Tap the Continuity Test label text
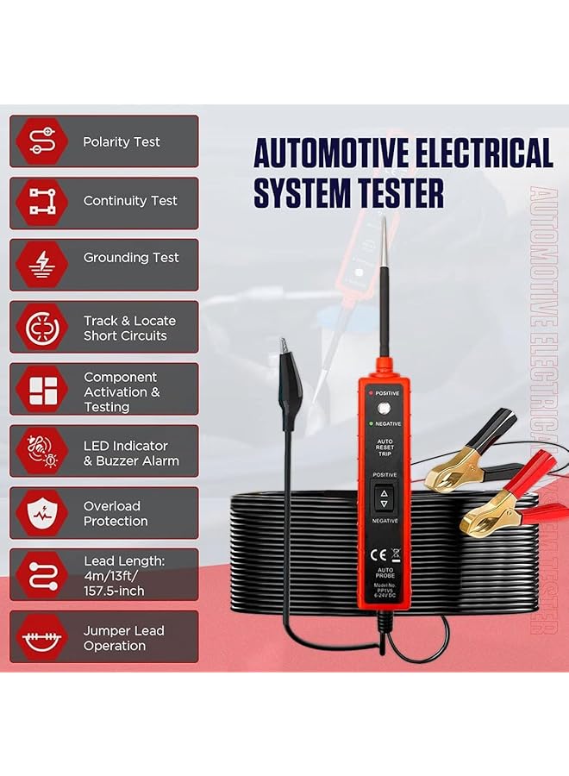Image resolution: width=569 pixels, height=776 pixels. pyautogui.click(x=130, y=201)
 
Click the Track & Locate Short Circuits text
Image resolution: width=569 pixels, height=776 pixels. pyautogui.click(x=125, y=328)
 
